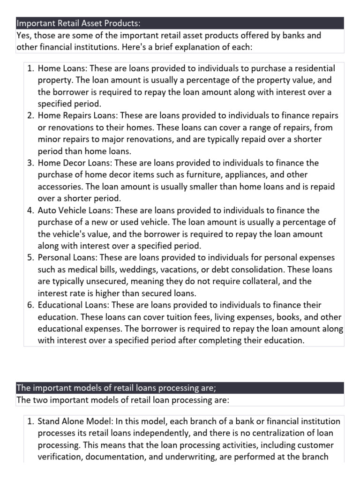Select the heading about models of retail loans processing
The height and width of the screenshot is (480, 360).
tap(116, 388)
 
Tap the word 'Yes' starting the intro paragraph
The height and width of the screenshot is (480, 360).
tap(23, 36)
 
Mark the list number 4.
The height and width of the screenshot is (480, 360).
tap(30, 210)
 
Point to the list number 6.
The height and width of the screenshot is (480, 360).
tap(30, 305)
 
